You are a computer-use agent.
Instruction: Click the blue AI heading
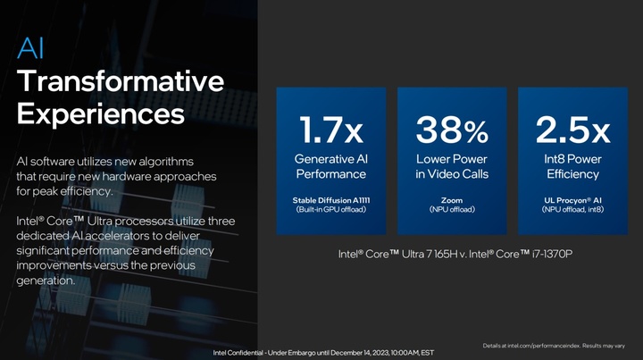(30, 48)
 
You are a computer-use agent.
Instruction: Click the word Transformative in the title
(121, 80)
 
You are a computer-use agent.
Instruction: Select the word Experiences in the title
(101, 114)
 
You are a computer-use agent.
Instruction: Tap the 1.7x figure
(331, 130)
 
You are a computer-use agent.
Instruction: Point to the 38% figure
(452, 130)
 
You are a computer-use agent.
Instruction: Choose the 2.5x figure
(572, 130)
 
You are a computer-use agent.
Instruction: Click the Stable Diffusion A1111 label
(331, 200)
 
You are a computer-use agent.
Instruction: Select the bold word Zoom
(452, 200)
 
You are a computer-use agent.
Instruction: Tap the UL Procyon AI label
(572, 200)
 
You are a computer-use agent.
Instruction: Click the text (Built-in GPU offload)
(331, 210)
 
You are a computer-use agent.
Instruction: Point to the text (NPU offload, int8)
(572, 210)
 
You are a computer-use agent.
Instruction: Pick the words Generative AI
(331, 159)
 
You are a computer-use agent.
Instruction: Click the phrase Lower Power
(452, 159)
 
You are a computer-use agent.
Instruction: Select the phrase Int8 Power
(572, 159)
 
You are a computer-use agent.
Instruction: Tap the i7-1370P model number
(552, 255)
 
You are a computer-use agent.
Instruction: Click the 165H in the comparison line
(446, 255)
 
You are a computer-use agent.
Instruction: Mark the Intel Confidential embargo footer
(323, 353)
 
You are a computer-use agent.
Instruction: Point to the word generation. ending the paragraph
(46, 280)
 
